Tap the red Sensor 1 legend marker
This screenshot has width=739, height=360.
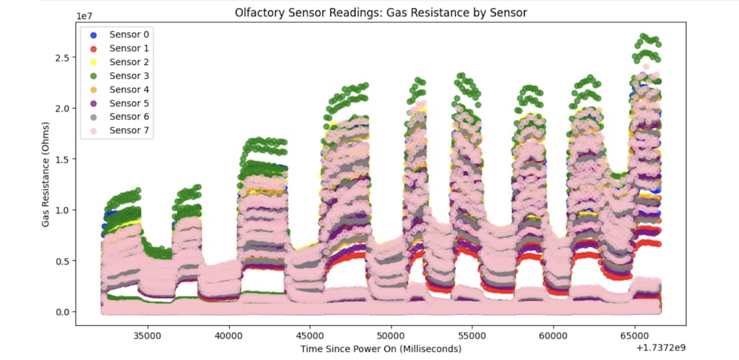click(x=93, y=49)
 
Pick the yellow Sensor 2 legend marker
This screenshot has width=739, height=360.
click(x=93, y=62)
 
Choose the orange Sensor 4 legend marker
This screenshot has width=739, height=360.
click(x=93, y=89)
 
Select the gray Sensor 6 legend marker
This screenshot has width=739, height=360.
click(x=93, y=117)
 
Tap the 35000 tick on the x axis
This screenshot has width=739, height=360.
click(x=146, y=334)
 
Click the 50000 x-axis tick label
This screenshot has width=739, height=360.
click(x=390, y=334)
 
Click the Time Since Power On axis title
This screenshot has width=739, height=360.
click(x=381, y=348)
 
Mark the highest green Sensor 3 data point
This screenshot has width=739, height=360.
click(x=644, y=35)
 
